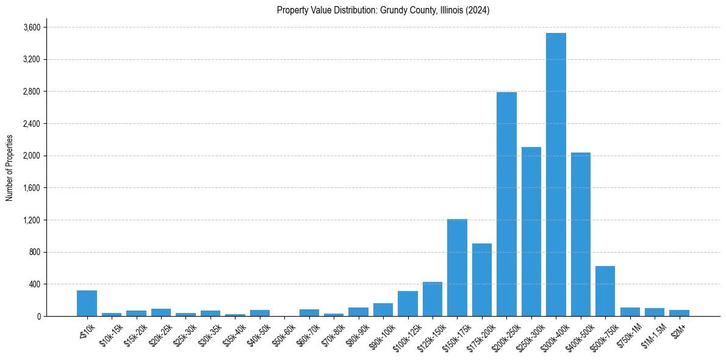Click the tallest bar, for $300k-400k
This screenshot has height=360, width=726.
tap(556, 175)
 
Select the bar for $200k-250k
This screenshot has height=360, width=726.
tap(506, 204)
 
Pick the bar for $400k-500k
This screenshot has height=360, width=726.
tap(580, 234)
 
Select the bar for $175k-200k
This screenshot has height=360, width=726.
tap(482, 279)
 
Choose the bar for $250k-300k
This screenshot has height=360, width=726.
tap(531, 232)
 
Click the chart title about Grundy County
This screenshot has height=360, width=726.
tap(383, 10)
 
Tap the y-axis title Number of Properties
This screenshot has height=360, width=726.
tap(10, 168)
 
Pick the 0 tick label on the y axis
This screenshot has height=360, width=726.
tap(38, 317)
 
